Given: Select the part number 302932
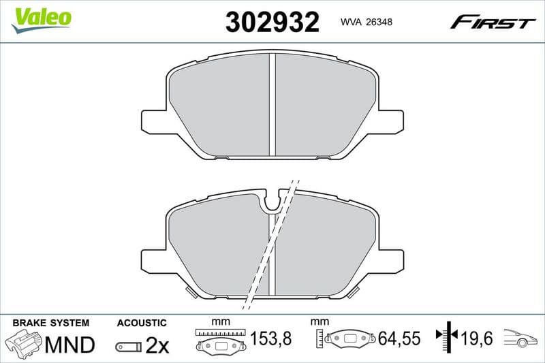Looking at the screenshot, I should click(272, 22).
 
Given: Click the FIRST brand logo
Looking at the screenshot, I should click(493, 22).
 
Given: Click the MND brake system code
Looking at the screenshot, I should click(69, 345).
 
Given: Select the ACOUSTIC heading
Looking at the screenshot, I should click(142, 322).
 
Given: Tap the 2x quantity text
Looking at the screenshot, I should click(157, 345).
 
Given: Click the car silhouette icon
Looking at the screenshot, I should click(520, 338).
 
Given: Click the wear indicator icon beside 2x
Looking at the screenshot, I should click(128, 346).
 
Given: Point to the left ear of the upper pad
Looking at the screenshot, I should click(154, 121).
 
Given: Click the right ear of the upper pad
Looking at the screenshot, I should click(390, 121).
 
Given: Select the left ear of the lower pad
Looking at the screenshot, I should click(154, 261).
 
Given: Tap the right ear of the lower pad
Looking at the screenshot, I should click(390, 261).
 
